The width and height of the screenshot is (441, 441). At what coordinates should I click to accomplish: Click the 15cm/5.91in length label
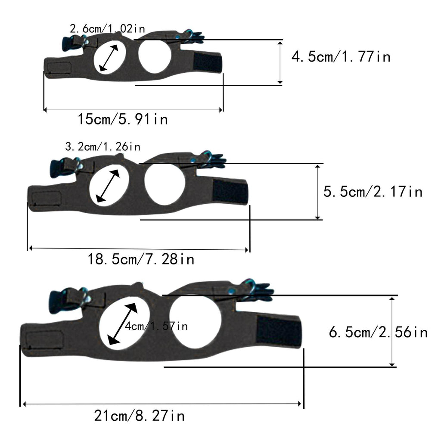(123, 119)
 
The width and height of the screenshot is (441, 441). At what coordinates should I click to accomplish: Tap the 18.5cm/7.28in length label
(141, 259)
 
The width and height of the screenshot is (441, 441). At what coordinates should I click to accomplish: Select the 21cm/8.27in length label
(139, 416)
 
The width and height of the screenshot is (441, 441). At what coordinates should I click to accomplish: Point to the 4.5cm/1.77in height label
(341, 56)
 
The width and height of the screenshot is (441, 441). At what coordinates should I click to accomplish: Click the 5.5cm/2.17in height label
(373, 192)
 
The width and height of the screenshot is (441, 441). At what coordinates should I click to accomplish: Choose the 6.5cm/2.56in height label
(378, 332)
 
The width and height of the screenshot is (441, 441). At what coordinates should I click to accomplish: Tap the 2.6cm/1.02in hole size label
(107, 28)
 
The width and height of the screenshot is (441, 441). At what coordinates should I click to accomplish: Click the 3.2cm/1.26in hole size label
(102, 146)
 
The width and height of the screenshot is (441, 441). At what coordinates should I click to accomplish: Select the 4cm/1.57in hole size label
(156, 326)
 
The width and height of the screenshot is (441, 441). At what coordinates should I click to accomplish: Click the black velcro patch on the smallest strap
(208, 62)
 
